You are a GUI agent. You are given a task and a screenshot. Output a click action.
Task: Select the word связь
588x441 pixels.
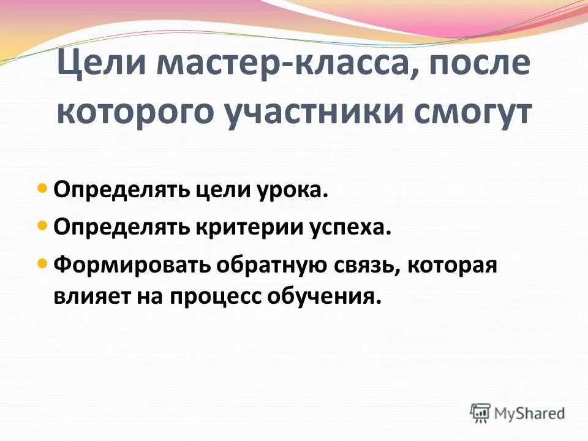tap(363, 266)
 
